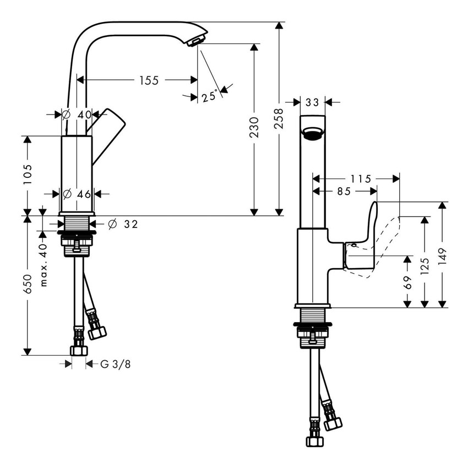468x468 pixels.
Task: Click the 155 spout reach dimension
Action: [x=148, y=80]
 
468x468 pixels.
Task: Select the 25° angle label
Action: [x=209, y=97]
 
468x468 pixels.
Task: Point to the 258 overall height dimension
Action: [x=279, y=118]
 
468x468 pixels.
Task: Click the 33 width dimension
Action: [x=312, y=102]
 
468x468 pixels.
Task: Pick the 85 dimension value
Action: [x=344, y=191]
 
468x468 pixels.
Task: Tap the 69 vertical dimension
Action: [x=407, y=282]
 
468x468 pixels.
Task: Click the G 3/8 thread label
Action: [x=116, y=364]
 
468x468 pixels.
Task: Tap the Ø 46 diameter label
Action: [x=77, y=194]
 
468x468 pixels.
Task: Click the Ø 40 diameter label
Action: [x=77, y=115]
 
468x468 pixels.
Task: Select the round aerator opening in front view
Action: [x=312, y=134]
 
